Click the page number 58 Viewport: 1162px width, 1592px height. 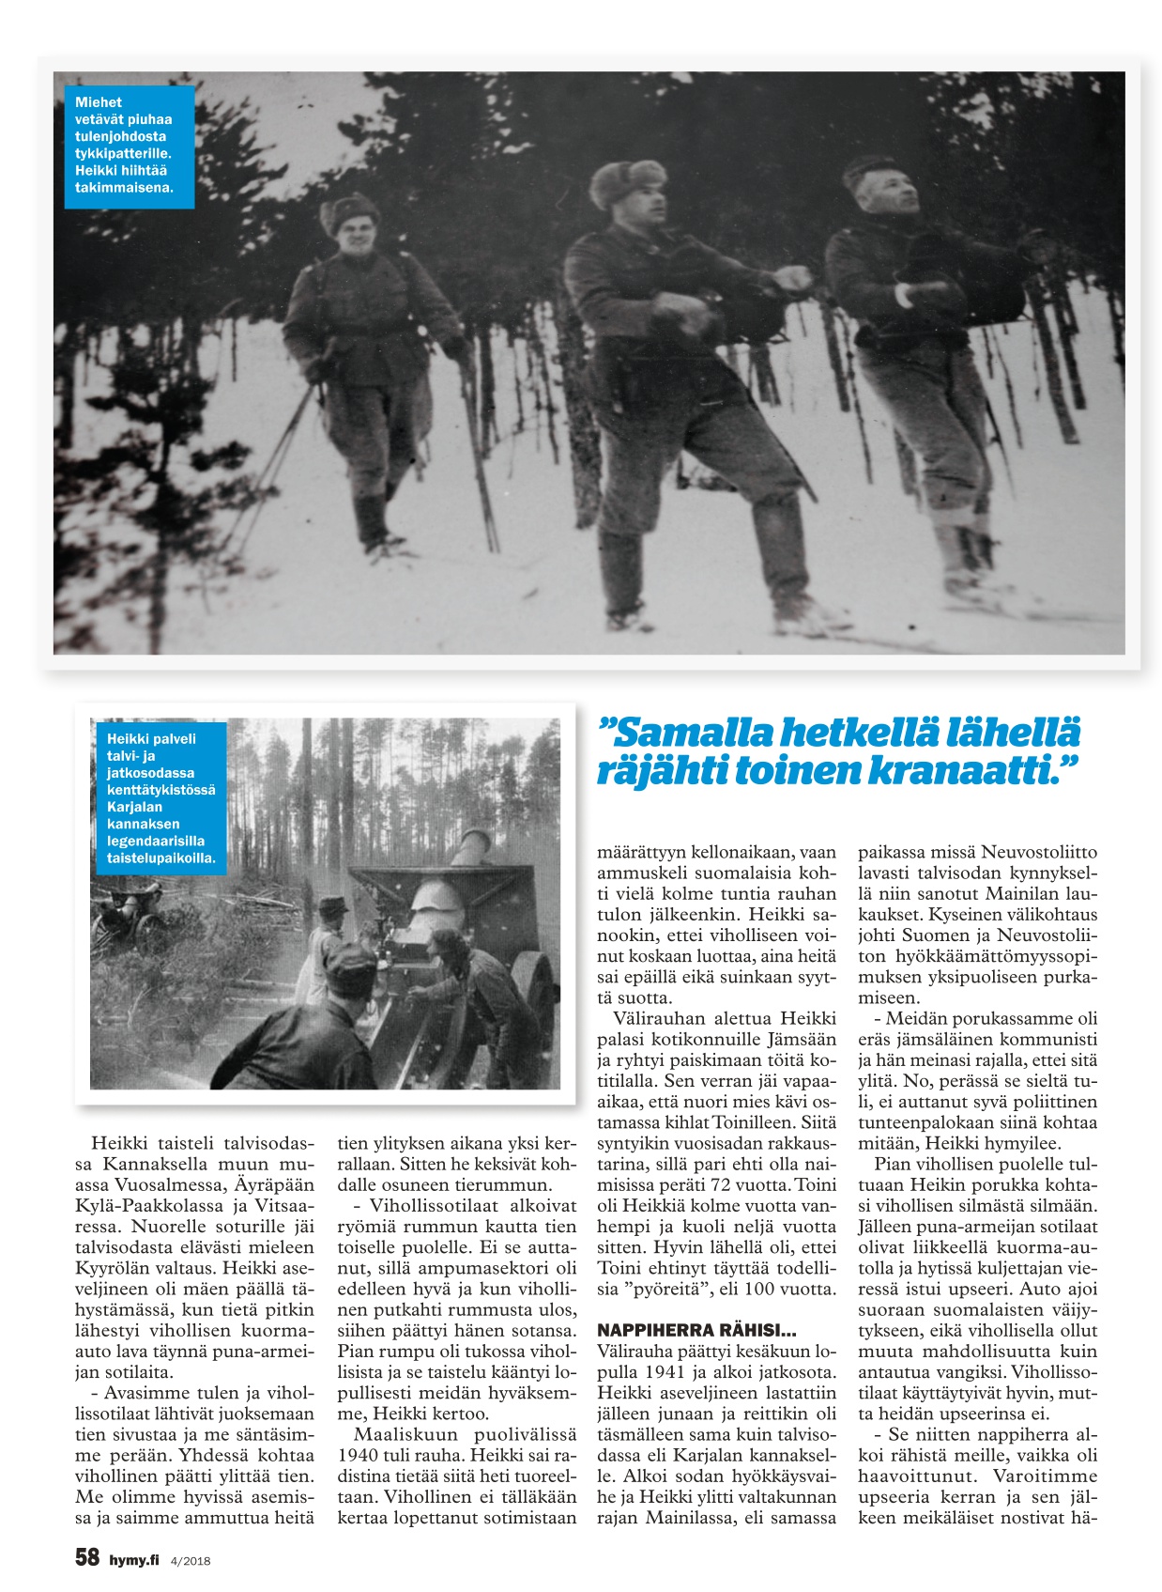[x=86, y=1557]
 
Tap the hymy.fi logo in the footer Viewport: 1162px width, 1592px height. [x=134, y=1560]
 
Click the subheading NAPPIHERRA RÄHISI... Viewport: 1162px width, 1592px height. [x=696, y=1330]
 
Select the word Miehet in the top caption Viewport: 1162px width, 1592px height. [x=99, y=102]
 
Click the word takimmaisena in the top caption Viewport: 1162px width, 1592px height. [x=124, y=187]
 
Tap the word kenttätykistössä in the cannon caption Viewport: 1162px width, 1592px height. [x=161, y=790]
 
